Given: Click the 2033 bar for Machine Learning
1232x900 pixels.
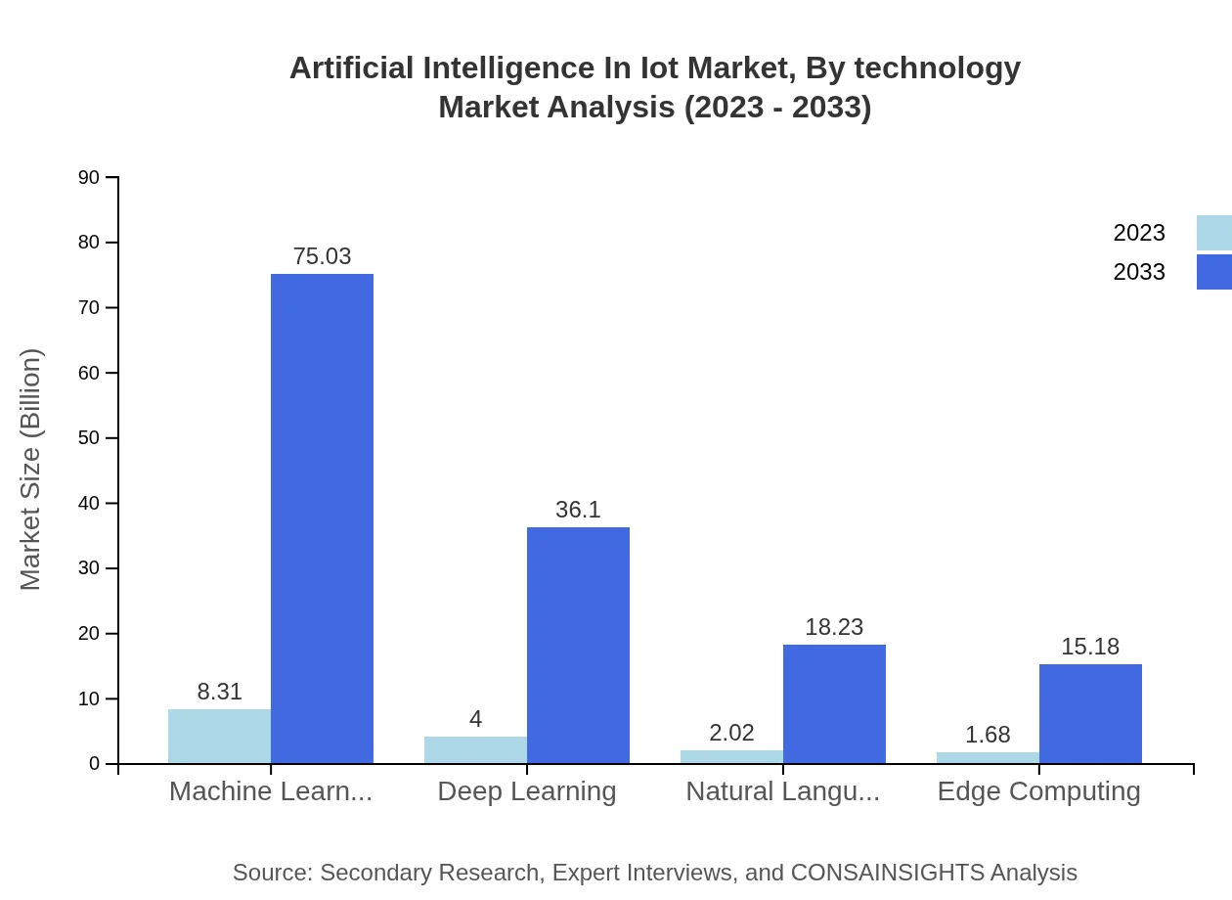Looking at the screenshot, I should (x=322, y=518).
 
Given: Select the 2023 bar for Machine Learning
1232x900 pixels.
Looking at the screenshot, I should (x=219, y=736).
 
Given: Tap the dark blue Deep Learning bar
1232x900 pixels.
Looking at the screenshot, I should (x=578, y=646).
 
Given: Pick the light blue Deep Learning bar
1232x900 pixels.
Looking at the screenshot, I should (x=475, y=749).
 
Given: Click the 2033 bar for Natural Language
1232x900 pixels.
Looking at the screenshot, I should (x=834, y=703).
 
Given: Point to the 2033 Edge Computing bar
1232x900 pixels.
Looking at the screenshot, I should (x=1090, y=713).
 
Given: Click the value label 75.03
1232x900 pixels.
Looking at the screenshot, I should (x=322, y=256).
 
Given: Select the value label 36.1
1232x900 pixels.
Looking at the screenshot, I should (x=578, y=510).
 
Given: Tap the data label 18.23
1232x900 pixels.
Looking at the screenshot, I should (x=834, y=627).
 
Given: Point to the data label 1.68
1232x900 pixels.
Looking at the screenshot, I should (x=988, y=735).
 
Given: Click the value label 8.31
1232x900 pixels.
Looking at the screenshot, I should (x=219, y=692).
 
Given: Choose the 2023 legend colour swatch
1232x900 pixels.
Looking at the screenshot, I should (x=1213, y=233).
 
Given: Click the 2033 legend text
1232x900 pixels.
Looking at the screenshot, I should (x=1139, y=272).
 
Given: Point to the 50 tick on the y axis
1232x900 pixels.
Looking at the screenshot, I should (x=89, y=438).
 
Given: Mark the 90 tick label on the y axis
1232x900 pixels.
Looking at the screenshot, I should (x=89, y=177).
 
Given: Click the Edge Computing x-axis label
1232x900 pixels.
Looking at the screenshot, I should (x=1038, y=790).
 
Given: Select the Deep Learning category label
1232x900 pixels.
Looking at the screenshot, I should (x=527, y=790).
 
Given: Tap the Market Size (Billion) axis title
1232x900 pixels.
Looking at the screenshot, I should (x=31, y=470).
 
